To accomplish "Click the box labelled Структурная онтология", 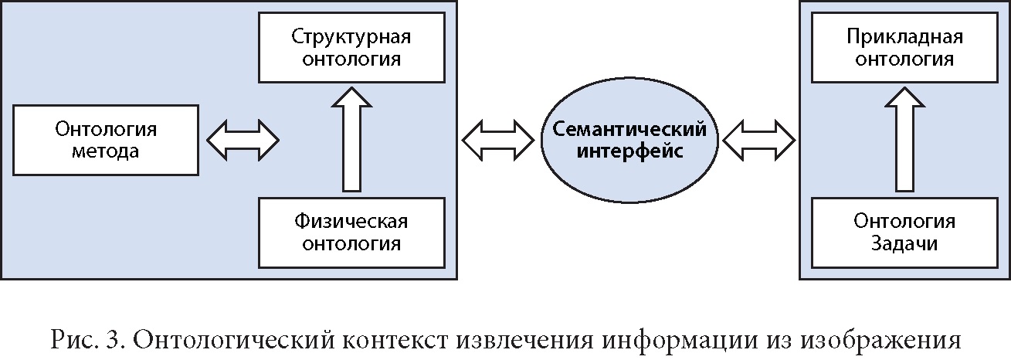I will coord(351,48).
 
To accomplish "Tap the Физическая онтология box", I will coord(351,233).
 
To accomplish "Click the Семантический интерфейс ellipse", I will coord(628,139).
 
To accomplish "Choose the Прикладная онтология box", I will coord(904,48).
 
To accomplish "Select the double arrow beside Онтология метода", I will coord(243,140).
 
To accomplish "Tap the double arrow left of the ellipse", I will coord(498,139).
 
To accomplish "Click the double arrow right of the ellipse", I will coord(758,140).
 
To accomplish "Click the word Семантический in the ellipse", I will coord(628,128).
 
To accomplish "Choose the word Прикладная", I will coord(904,37).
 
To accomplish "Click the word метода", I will coord(105,151).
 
